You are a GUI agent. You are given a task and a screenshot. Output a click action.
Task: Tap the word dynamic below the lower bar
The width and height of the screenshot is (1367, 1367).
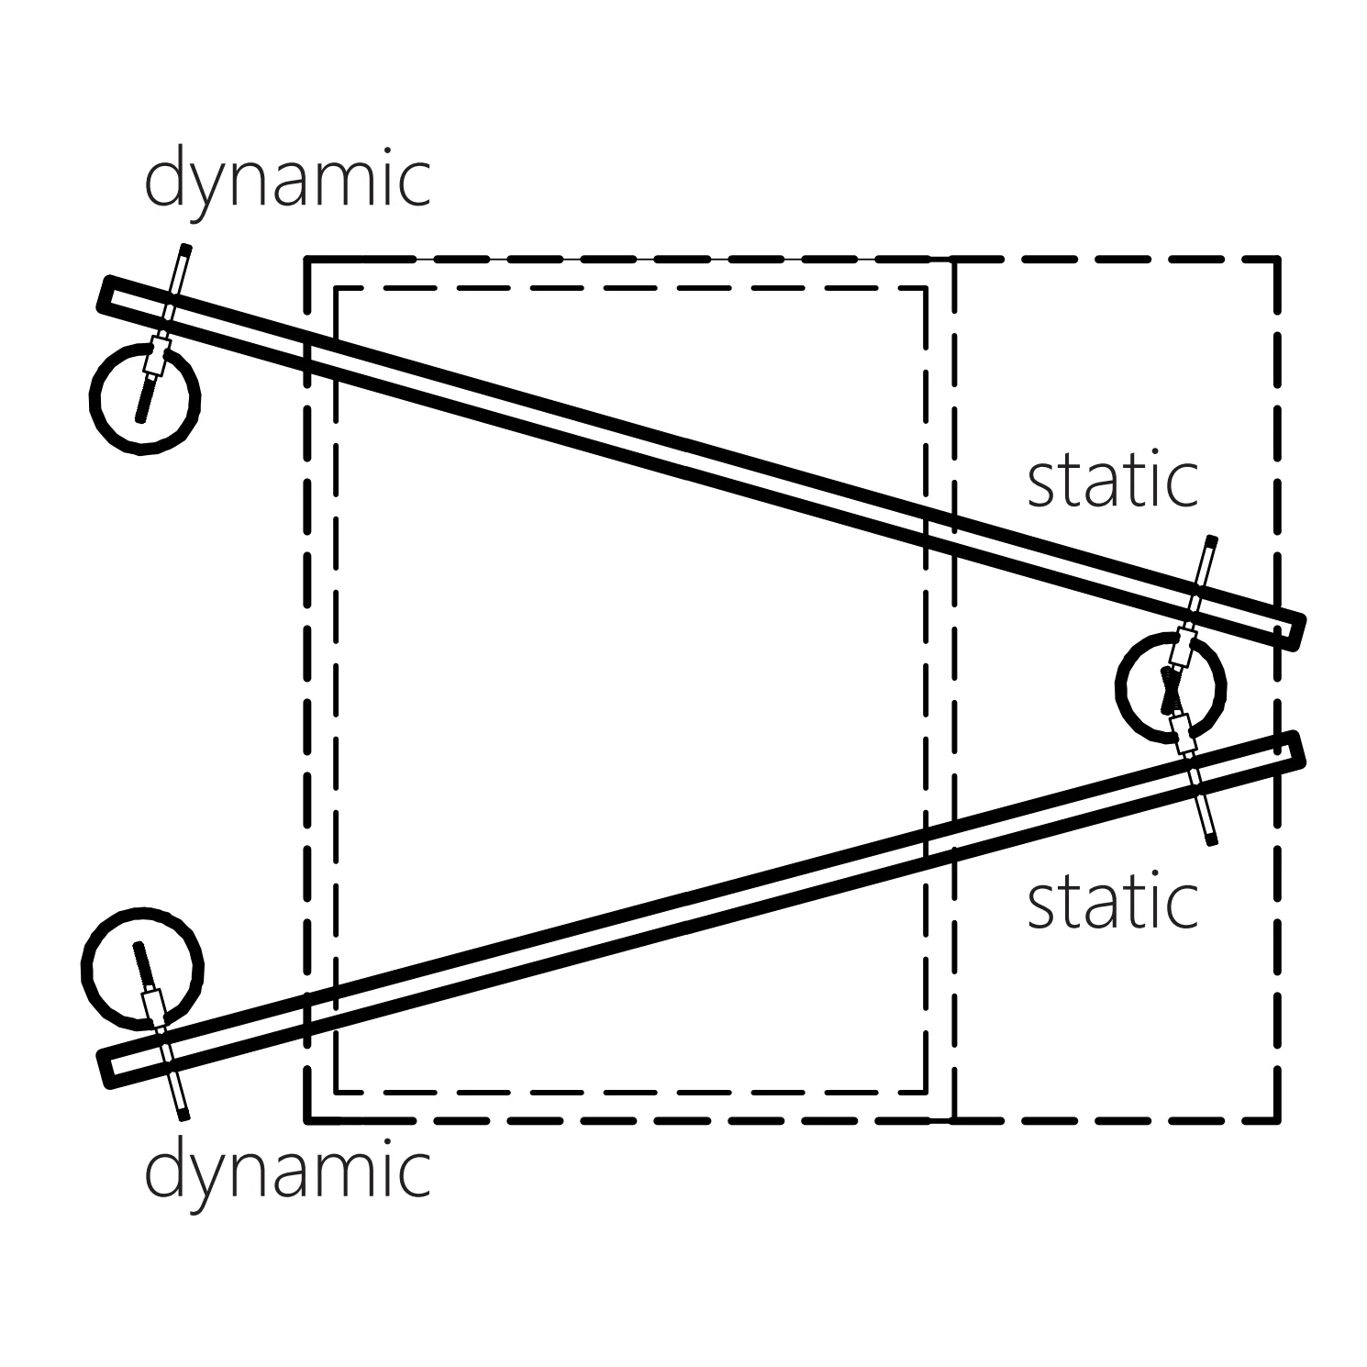[287, 1173]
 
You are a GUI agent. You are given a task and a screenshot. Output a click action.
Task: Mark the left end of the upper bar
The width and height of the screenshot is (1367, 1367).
[105, 294]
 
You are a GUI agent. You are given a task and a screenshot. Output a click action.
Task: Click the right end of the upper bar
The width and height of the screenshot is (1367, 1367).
[1295, 633]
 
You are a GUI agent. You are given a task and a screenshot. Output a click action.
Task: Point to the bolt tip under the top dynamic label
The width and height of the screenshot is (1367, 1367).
[186, 248]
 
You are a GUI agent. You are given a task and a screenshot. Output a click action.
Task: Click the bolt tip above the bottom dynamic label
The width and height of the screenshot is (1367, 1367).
[183, 1115]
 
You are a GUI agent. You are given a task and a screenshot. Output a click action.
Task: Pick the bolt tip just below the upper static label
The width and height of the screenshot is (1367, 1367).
[1213, 540]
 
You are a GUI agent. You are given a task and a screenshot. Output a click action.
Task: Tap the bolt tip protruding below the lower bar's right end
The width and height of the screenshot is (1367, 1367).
[1212, 839]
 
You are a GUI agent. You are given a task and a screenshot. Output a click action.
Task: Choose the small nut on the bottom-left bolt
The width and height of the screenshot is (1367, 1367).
[154, 1006]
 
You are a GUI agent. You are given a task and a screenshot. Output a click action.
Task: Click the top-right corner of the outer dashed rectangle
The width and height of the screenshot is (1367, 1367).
[1277, 261]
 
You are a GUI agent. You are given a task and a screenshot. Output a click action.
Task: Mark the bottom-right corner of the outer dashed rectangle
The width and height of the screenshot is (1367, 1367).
[1277, 1119]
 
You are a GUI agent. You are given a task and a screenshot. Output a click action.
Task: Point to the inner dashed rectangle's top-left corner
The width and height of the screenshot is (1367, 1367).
[337, 289]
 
